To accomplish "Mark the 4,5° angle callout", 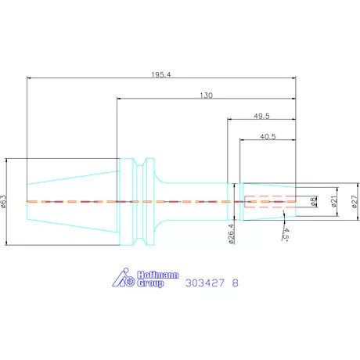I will pos(287,234).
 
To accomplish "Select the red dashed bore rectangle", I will pos(270,201).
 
